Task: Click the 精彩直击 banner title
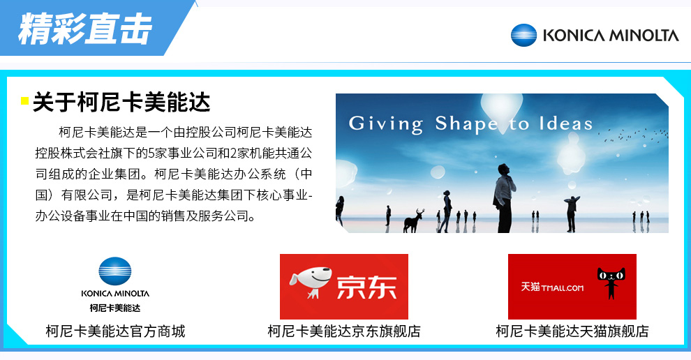pyautogui.click(x=85, y=29)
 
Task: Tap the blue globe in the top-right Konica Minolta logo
pyautogui.click(x=523, y=36)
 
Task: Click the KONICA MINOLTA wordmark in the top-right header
pyautogui.click(x=611, y=36)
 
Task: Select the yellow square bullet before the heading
pyautogui.click(x=24, y=100)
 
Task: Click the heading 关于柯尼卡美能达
pyautogui.click(x=121, y=103)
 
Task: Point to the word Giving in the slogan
pyautogui.click(x=386, y=123)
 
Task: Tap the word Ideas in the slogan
pyautogui.click(x=566, y=123)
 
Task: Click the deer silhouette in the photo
pyautogui.click(x=413, y=220)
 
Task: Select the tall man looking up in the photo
pyautogui.click(x=504, y=198)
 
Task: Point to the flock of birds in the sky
pyautogui.click(x=634, y=135)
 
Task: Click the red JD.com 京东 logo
pyautogui.click(x=343, y=287)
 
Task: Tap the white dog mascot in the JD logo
pyautogui.click(x=311, y=281)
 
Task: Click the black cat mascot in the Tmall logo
pyautogui.click(x=611, y=283)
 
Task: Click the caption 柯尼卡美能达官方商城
pyautogui.click(x=115, y=331)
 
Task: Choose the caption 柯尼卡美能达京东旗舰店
pyautogui.click(x=344, y=331)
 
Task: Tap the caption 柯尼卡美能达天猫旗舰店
pyautogui.click(x=572, y=331)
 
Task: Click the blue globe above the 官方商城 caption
pyautogui.click(x=115, y=271)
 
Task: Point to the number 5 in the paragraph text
pyautogui.click(x=151, y=153)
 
